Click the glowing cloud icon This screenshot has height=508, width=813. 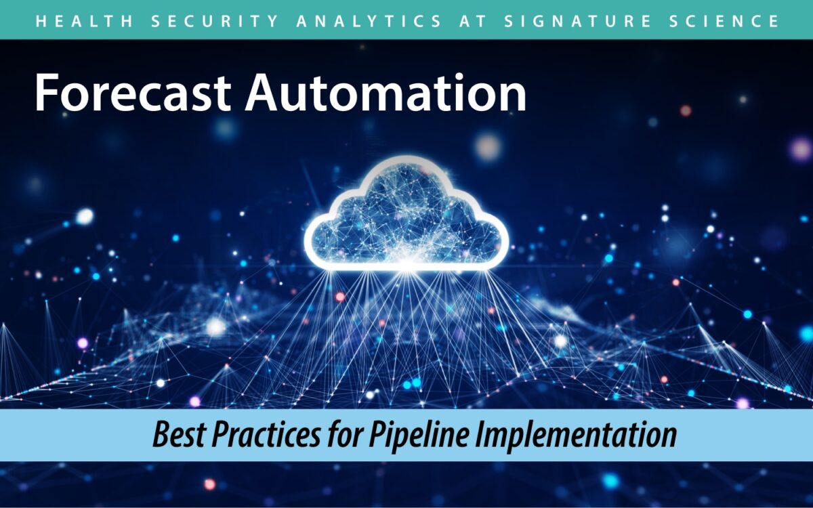(406, 213)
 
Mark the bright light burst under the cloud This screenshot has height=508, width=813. (407, 266)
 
